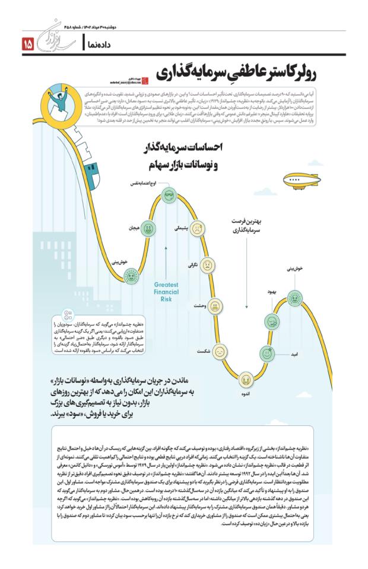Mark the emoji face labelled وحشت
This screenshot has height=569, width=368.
215,305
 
